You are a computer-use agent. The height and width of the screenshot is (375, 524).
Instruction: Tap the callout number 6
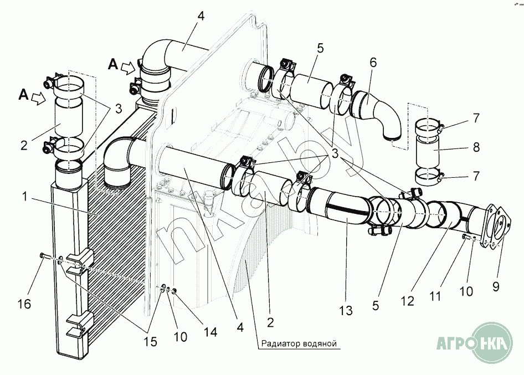point(373,63)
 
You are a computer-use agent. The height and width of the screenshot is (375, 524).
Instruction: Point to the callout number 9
point(495,286)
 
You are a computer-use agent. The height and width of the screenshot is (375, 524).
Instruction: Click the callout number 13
point(346,311)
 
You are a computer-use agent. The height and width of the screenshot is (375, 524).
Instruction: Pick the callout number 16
point(24,304)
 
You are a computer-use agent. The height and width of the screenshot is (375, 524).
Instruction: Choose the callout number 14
point(209,332)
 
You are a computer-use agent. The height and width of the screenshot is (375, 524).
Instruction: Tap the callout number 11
point(435,297)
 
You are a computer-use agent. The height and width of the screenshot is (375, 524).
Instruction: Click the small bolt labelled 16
point(43,255)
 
